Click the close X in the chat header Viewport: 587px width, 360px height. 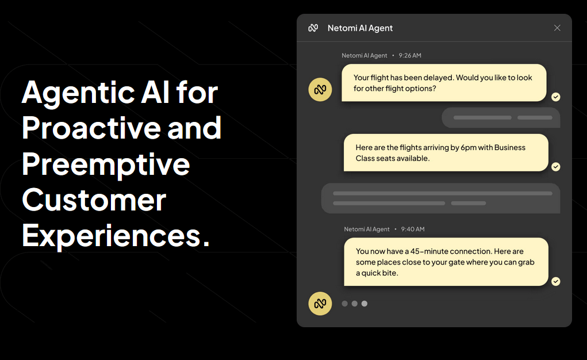(x=557, y=28)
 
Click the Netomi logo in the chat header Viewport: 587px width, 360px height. (x=313, y=28)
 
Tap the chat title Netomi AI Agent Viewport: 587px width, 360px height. (x=360, y=28)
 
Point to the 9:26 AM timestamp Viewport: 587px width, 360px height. (x=410, y=55)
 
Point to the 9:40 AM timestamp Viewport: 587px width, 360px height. (x=413, y=229)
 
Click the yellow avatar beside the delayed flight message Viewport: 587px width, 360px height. (x=320, y=90)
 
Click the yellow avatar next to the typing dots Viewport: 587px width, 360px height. (x=320, y=304)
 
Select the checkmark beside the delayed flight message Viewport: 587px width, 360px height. (x=556, y=97)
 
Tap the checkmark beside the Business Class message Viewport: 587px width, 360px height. (x=556, y=167)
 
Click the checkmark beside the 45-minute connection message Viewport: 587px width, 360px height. (x=556, y=281)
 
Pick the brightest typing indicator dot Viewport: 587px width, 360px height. (x=365, y=304)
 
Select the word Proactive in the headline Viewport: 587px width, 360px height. (x=91, y=128)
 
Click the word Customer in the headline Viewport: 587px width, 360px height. (x=94, y=200)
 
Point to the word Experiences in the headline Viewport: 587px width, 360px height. (x=112, y=236)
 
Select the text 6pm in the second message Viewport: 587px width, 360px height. (x=469, y=148)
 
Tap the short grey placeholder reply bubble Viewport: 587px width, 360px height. (x=501, y=118)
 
